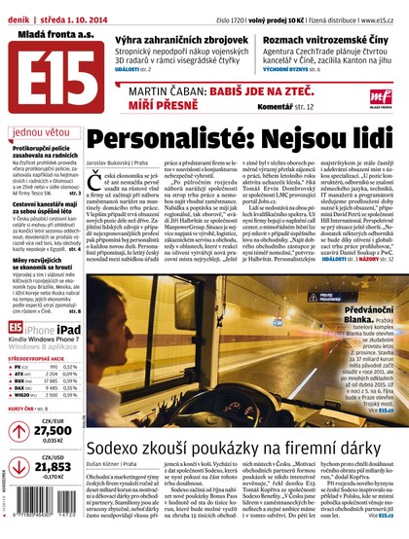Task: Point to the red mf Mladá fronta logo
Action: (361, 95)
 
